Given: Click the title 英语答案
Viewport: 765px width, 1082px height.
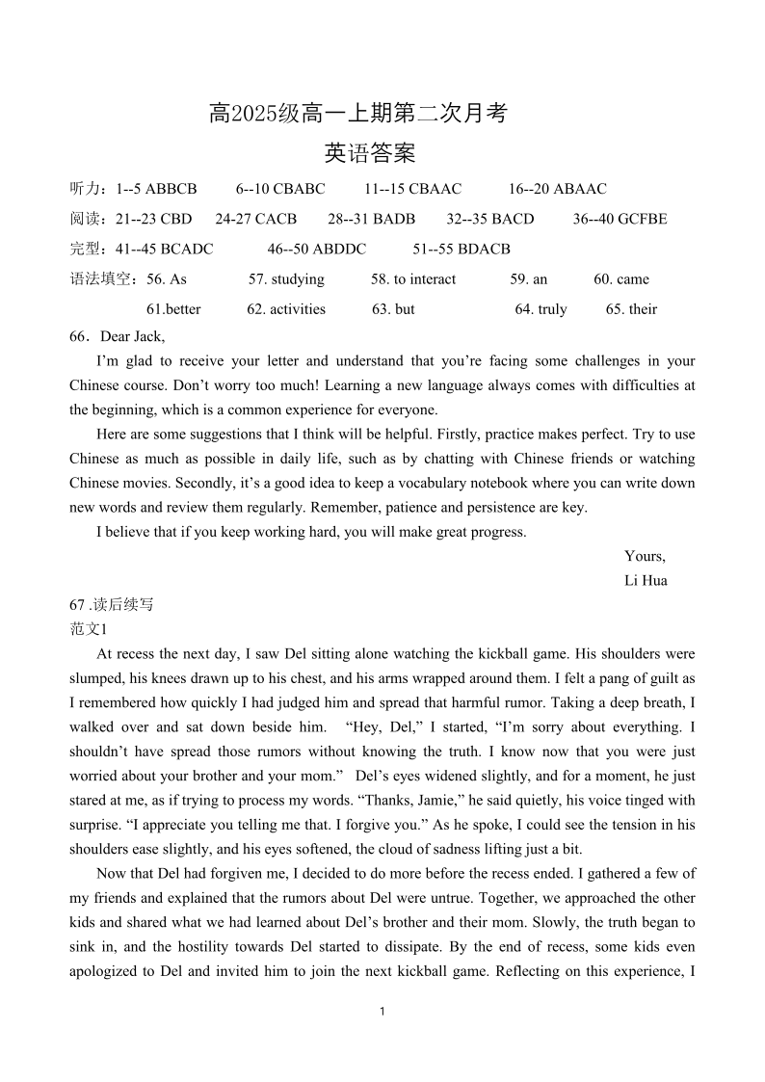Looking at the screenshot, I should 370,152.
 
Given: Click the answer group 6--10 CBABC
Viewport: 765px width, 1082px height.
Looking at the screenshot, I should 279,189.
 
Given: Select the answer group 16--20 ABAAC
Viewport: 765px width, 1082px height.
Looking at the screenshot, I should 557,189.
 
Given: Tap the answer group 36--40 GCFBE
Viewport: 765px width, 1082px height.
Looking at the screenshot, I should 620,219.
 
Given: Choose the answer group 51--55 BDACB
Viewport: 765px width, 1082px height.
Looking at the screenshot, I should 462,249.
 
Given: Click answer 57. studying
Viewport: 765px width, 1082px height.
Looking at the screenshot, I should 286,279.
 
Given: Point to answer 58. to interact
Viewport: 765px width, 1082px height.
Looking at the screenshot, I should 413,279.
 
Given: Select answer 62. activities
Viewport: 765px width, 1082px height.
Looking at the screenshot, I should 286,309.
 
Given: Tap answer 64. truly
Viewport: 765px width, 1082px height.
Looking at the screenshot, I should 541,309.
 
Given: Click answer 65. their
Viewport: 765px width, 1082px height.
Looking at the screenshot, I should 631,309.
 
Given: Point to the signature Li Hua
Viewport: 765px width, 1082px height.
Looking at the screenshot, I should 646,580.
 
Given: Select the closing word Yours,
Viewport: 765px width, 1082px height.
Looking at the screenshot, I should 645,556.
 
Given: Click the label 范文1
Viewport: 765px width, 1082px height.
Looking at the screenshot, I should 85,629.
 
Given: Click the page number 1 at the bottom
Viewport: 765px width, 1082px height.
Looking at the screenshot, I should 382,1011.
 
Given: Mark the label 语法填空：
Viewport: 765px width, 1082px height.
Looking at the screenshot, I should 106,279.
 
